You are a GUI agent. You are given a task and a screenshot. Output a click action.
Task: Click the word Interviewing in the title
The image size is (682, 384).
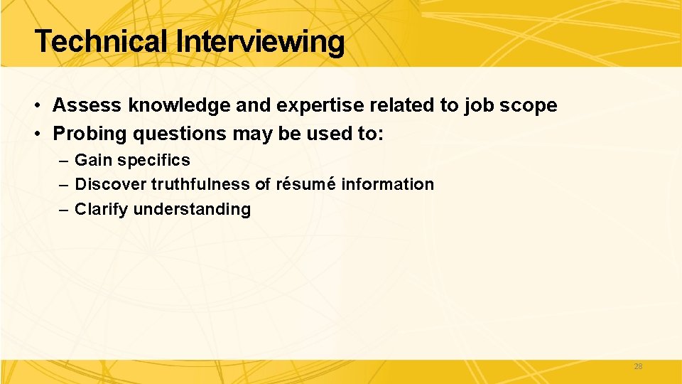pos(260,42)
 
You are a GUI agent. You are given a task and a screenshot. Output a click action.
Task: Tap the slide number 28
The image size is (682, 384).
pos(637,366)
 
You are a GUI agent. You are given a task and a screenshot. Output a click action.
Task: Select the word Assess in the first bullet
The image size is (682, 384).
pos(87,106)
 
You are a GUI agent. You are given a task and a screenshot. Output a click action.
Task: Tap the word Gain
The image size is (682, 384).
pos(93,160)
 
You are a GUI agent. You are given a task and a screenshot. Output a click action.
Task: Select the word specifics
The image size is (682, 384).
pos(154,160)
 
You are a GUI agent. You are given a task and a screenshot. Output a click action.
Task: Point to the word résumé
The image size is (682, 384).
pos(305,184)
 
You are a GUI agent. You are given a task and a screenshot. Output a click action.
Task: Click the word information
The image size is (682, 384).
pos(388,184)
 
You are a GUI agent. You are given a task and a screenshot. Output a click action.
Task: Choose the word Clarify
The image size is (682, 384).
pos(102,209)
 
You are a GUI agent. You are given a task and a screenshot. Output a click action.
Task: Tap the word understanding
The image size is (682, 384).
pos(192,209)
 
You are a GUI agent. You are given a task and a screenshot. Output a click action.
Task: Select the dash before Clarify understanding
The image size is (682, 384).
pos(63,209)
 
